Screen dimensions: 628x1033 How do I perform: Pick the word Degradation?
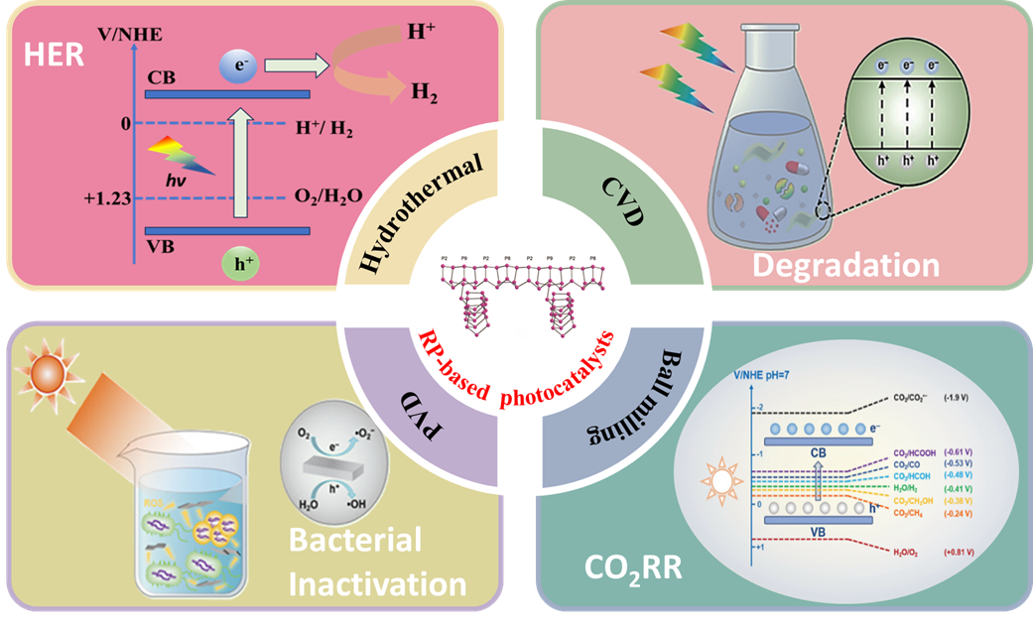point(844,265)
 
